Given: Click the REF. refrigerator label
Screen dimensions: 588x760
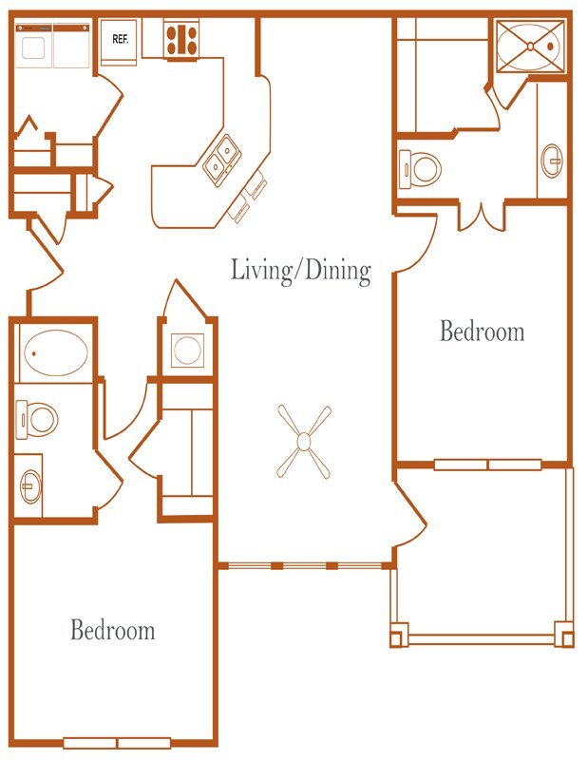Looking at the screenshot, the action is tap(121, 39).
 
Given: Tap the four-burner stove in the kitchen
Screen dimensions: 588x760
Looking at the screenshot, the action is tap(181, 40).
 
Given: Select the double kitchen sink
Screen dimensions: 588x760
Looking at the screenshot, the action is tap(222, 160).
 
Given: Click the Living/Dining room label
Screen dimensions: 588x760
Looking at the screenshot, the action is tap(300, 270).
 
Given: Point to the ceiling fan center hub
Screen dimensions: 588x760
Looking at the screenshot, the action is tap(303, 441).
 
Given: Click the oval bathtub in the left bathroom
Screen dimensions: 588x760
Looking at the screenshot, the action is tap(56, 352).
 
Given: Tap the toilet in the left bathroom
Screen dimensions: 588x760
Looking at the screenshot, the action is tap(37, 419).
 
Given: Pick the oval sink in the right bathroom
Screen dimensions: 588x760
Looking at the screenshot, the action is tap(552, 161).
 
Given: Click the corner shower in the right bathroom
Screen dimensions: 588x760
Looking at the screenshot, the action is tap(531, 46).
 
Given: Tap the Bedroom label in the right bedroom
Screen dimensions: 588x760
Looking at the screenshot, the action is tap(482, 332).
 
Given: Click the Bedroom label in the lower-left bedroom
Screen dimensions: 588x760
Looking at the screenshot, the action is tap(113, 630).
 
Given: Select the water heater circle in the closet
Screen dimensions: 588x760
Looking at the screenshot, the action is tap(187, 350).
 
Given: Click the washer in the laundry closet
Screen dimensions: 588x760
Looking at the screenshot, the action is tap(33, 46).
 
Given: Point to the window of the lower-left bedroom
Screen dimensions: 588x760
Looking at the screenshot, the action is tap(117, 743).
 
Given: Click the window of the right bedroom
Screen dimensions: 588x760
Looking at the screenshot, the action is tap(487, 465).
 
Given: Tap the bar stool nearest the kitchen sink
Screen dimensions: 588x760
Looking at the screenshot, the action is tap(256, 185).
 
